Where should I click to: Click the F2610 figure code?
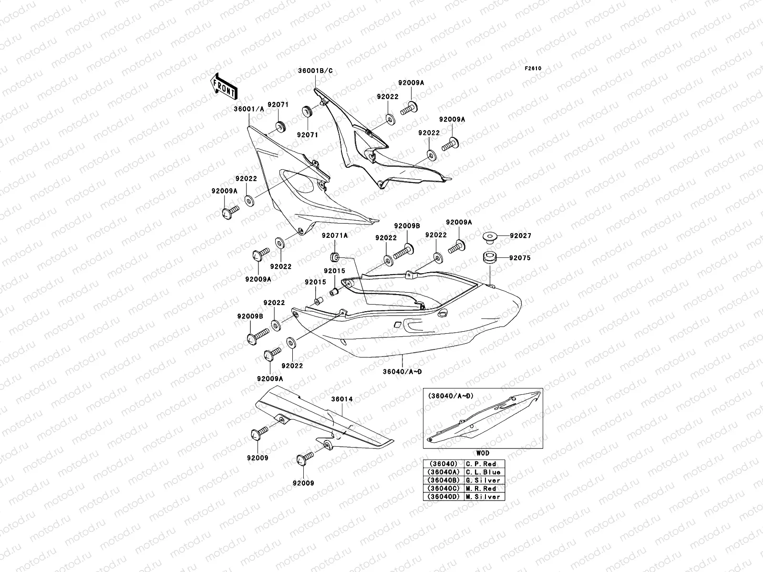[533, 68]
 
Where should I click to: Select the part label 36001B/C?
[315, 71]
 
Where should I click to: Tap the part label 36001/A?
[248, 109]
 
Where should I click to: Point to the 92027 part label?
[520, 236]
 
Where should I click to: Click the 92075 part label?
[519, 258]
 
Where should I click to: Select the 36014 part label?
[343, 399]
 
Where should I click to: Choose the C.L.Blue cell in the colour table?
[483, 472]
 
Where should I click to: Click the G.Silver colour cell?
[483, 480]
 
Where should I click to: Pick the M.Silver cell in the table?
[483, 497]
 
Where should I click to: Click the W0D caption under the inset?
[483, 453]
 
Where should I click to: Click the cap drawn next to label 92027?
[490, 236]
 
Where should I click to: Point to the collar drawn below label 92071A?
[335, 257]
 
